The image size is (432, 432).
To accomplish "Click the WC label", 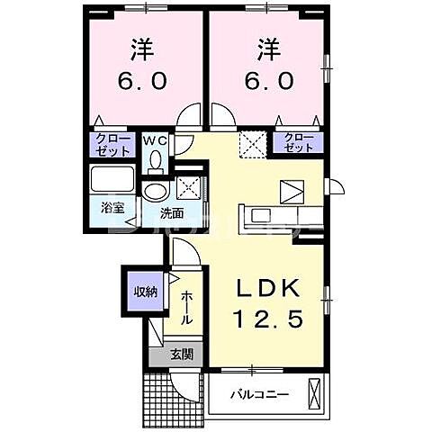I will [156, 140].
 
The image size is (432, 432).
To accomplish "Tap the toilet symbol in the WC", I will [157, 160].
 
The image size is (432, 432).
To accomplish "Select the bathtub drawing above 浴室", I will [112, 179].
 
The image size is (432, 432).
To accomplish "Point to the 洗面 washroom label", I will [172, 213].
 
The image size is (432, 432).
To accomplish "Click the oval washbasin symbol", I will [156, 191].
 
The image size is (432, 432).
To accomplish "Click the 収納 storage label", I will [145, 292].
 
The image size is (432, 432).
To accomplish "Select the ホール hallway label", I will [185, 308].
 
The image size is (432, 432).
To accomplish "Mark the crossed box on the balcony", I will [314, 394].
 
